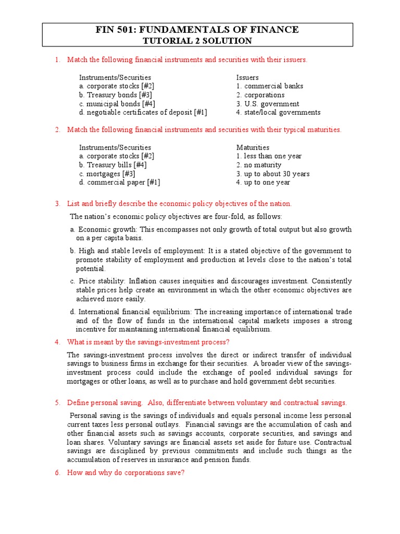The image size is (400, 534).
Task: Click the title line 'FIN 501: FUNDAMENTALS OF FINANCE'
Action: [200, 30]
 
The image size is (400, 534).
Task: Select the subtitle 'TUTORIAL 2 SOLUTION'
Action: [200, 41]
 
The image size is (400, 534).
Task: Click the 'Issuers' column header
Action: [247, 77]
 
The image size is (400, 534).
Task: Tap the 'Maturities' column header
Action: [253, 148]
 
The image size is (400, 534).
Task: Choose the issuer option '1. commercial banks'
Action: [269, 86]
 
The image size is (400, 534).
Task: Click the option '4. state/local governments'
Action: [278, 113]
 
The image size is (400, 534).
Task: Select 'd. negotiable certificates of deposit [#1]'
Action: [143, 113]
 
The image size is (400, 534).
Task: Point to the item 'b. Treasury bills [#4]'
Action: [113, 165]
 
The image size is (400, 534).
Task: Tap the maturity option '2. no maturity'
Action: [260, 165]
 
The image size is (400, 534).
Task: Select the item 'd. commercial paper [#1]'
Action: [120, 183]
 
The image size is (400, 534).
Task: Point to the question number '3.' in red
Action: [58, 203]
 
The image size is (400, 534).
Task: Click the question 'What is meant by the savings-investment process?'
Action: [148, 342]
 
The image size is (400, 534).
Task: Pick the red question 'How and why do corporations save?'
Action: [126, 472]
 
